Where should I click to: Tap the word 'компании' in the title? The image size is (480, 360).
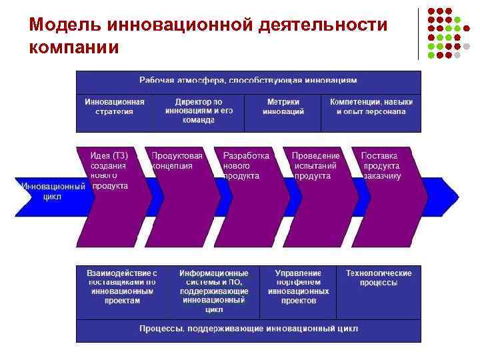tap(74, 47)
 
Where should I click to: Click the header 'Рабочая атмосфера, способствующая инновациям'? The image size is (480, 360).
tap(248, 81)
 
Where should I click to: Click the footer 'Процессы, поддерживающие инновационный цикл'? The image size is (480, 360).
tap(248, 329)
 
